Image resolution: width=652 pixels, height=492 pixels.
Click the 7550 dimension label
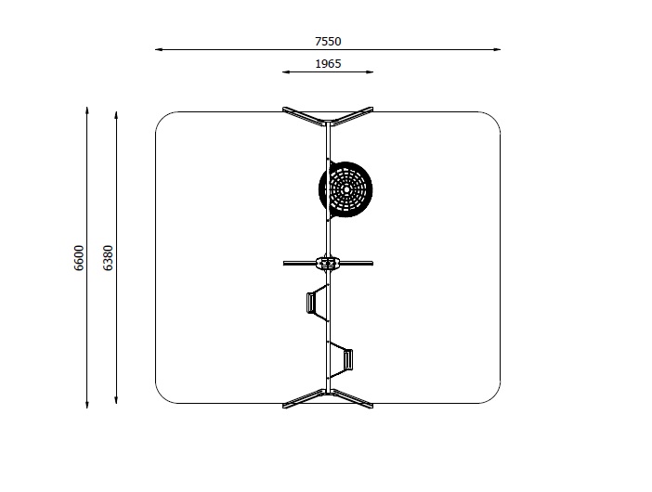pos(328,42)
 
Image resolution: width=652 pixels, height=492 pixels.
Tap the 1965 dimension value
pos(328,64)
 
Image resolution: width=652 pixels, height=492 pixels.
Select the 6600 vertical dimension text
pos(79,258)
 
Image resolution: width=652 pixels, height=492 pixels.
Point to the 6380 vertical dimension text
pos(108,258)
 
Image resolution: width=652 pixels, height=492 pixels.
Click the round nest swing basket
pos(346,189)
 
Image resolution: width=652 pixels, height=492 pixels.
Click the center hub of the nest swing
pos(346,189)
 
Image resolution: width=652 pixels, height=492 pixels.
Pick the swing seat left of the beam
pos(311,303)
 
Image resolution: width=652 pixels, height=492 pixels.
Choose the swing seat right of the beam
pos(347,360)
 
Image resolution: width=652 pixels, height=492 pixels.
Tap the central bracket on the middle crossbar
pos(328,263)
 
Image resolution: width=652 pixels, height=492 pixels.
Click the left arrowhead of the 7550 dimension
pos(158,49)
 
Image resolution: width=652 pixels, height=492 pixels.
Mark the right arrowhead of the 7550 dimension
pos(497,49)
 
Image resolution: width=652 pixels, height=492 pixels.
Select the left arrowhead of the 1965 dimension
pos(285,71)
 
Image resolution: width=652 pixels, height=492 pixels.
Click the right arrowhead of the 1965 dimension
pos(370,71)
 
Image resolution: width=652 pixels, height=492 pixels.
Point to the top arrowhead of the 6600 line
pos(87,110)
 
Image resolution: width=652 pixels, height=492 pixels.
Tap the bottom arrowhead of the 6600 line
pos(87,405)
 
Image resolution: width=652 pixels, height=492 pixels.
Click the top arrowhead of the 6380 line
pos(116,114)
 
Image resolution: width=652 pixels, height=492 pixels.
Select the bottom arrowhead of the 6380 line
pos(116,401)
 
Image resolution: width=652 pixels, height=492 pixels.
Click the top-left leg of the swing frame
pos(304,116)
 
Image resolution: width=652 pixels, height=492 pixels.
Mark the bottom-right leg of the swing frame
pos(352,398)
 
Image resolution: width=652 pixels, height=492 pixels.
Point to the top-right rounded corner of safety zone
pos(494,118)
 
